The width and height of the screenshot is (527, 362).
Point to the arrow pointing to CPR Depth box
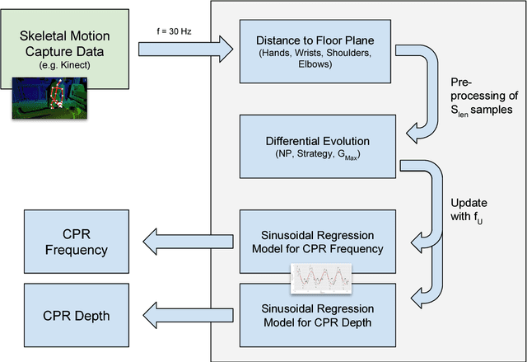tap(172, 313)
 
